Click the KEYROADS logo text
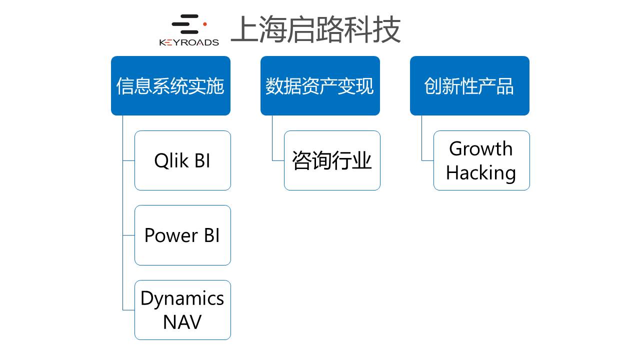point(189,42)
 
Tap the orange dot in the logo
point(204,23)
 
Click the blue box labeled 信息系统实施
point(170,85)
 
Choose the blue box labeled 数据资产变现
point(320,85)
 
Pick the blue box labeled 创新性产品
point(469,85)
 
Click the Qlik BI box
point(182,160)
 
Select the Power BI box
point(182,235)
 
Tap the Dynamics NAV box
point(182,310)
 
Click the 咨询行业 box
point(332,160)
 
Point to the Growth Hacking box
point(481,160)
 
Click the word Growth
point(481,148)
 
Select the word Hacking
point(481,172)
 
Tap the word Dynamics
point(182,298)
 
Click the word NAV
point(182,322)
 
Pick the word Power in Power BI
point(167,235)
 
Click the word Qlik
point(170,160)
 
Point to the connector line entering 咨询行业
point(278,160)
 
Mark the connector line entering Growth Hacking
point(427,160)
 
